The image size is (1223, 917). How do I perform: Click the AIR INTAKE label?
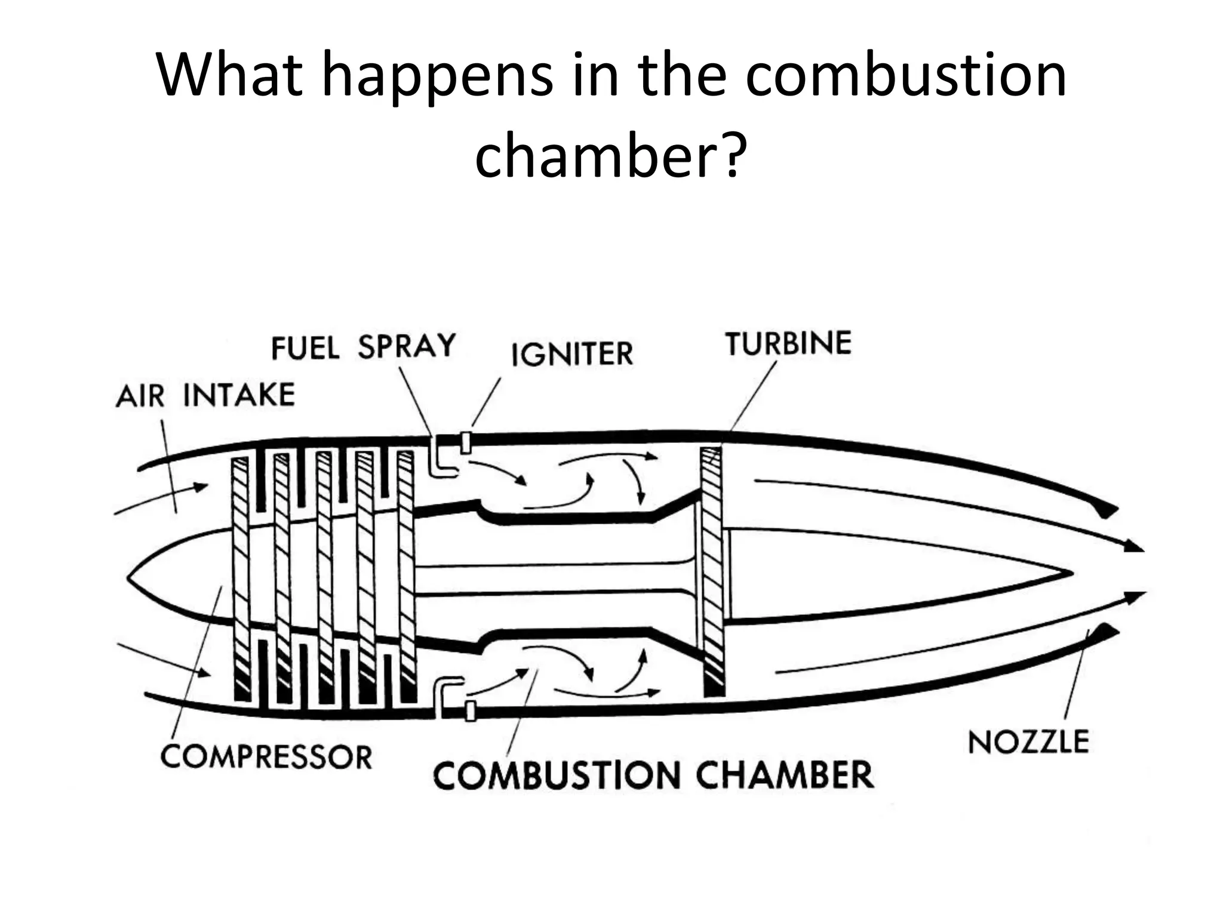coord(205,396)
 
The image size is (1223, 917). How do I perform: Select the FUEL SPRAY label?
coord(363,347)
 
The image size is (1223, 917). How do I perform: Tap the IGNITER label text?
coord(571,354)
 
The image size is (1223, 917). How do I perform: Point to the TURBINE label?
coord(788,344)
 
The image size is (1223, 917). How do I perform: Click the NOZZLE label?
coord(1028,742)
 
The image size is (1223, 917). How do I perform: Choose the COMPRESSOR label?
coord(266,756)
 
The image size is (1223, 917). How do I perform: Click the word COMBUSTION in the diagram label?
coord(557,776)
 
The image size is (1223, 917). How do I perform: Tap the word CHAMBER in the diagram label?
coord(784,775)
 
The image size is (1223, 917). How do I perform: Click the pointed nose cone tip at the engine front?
coord(130,577)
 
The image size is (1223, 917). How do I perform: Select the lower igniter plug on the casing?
coord(471,710)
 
